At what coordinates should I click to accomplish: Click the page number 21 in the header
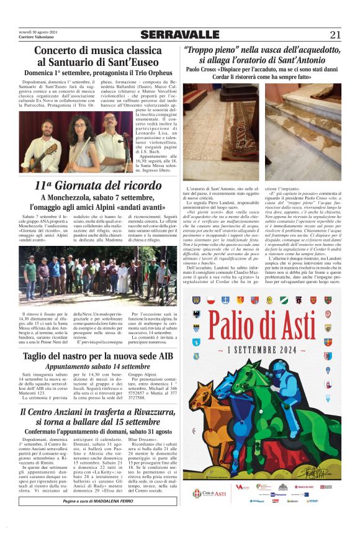pyautogui.click(x=335, y=35)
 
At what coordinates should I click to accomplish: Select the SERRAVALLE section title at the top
pyautogui.click(x=179, y=35)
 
